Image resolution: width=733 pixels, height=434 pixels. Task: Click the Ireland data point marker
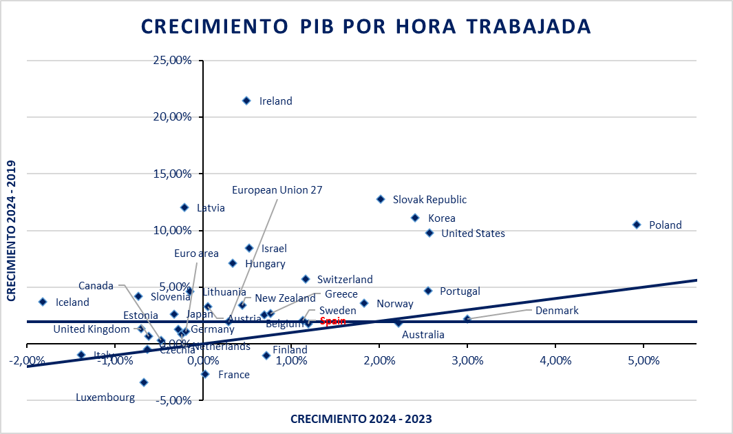246,101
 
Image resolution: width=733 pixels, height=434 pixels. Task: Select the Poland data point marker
637,225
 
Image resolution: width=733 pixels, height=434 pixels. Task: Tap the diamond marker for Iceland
43,302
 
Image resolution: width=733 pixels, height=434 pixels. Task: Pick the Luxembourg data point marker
144,382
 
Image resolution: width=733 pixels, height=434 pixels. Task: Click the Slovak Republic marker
381,199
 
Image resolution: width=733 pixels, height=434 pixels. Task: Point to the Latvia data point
184,207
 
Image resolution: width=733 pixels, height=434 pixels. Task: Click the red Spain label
332,321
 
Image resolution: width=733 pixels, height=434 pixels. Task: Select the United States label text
473,234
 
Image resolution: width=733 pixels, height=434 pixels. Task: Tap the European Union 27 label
277,189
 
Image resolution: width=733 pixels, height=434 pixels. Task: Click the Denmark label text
557,311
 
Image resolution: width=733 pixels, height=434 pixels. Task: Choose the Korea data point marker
415,218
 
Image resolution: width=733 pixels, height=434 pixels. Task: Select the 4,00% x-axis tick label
555,360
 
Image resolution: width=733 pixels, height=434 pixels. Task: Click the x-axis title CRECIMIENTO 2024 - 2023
361,418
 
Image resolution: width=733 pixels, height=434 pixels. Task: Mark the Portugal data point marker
427,291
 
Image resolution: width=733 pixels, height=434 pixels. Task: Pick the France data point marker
205,374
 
